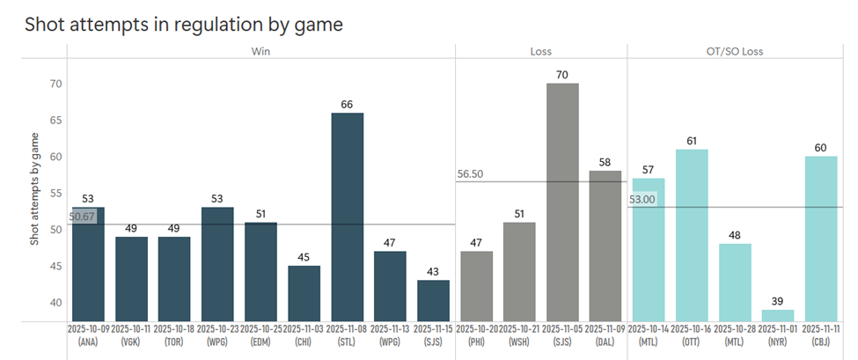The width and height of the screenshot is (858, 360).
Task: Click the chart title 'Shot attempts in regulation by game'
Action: click(x=183, y=25)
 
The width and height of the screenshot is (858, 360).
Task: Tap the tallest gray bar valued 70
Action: click(x=562, y=202)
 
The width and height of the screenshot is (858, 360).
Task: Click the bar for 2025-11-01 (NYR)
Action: click(x=778, y=315)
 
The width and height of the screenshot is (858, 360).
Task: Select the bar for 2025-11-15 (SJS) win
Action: click(x=433, y=300)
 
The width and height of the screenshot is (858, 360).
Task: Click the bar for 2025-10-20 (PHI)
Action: click(x=476, y=286)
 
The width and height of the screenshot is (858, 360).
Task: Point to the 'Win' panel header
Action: click(x=260, y=51)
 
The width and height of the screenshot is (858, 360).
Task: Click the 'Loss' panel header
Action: click(x=540, y=51)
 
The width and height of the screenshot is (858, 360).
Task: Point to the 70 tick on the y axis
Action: click(x=55, y=84)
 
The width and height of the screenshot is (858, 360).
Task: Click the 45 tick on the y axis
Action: click(x=55, y=266)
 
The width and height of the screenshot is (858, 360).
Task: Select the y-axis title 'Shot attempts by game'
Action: click(x=35, y=188)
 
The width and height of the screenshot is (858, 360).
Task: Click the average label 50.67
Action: click(x=82, y=216)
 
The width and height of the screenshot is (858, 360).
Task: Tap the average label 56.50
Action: click(x=471, y=174)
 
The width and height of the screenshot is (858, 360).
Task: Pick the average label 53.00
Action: click(x=642, y=200)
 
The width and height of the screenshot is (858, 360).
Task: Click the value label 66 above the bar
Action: click(x=347, y=105)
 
